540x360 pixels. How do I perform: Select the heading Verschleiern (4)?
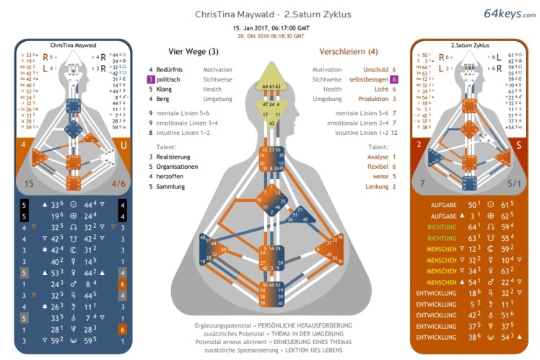pyautogui.click(x=349, y=51)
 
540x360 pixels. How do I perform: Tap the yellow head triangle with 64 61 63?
pyautogui.click(x=269, y=78)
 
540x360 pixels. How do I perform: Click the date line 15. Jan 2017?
pyautogui.click(x=271, y=27)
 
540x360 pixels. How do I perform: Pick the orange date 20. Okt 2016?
pyautogui.click(x=271, y=35)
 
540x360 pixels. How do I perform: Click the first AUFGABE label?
pyautogui.click(x=441, y=205)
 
